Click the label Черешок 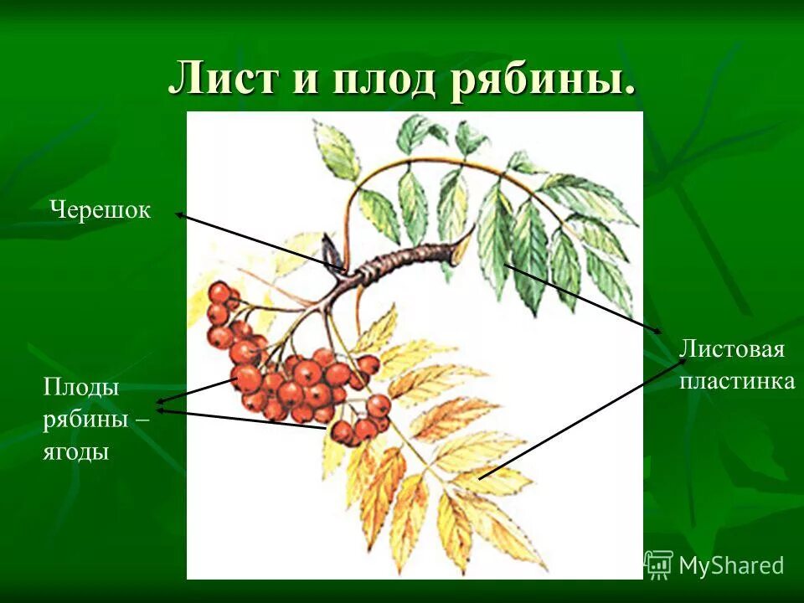point(100,210)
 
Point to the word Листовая point(731,348)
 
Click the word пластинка point(736,381)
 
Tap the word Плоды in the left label point(80,387)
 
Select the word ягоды point(76,452)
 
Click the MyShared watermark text point(731,565)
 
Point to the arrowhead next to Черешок point(180,215)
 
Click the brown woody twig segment point(410,255)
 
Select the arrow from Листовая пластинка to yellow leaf point(582,419)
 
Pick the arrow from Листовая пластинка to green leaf point(582,298)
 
